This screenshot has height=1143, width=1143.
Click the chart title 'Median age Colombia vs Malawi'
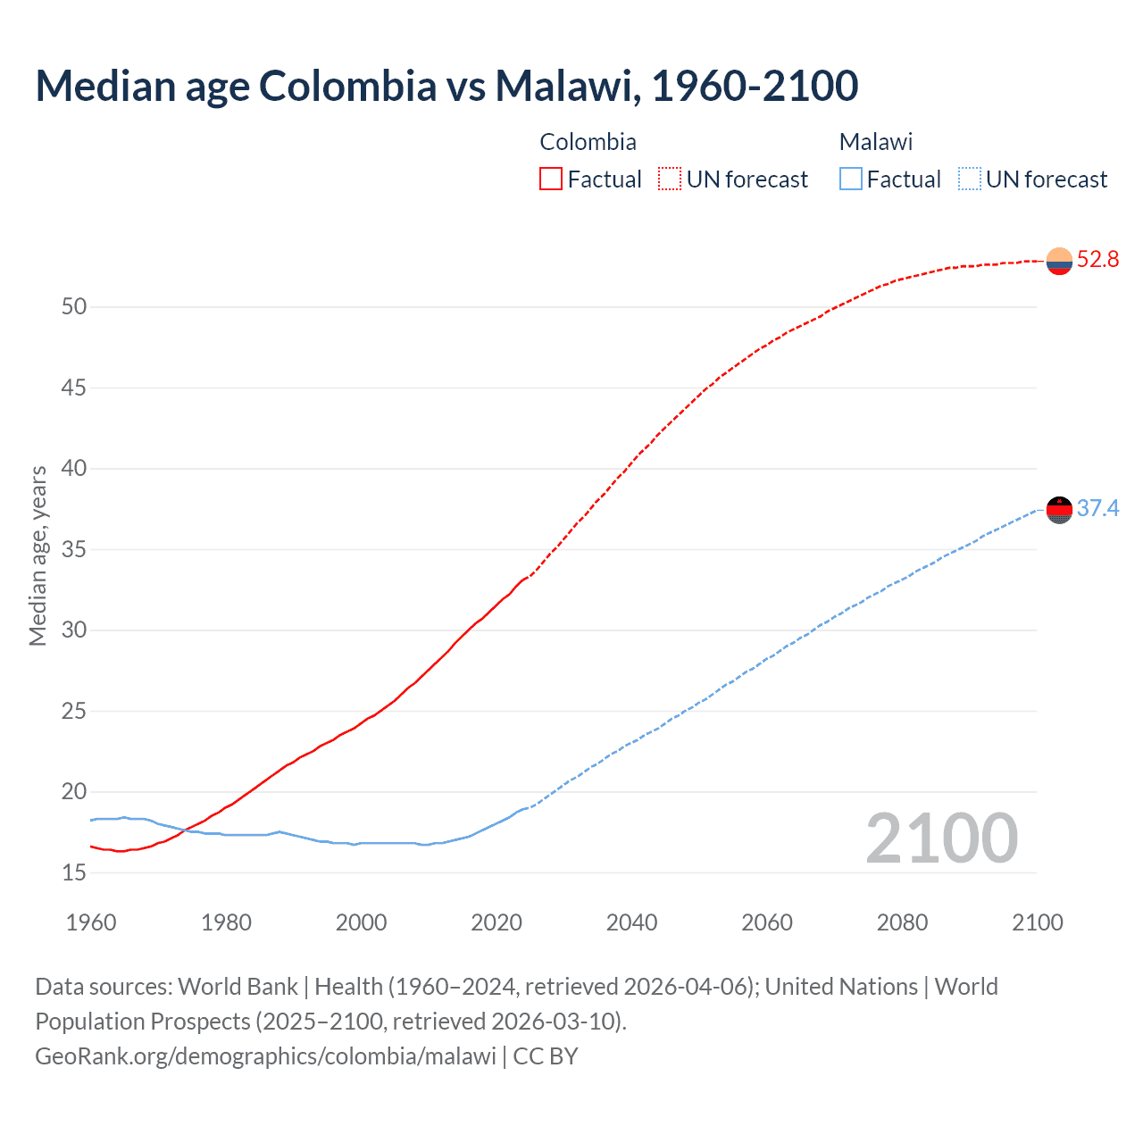click(x=446, y=86)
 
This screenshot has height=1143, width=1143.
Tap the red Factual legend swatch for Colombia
click(x=551, y=179)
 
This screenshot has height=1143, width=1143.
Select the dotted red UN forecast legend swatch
click(x=670, y=179)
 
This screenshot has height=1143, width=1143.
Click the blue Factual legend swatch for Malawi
click(x=851, y=179)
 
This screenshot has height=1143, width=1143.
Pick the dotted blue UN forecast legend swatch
click(x=969, y=179)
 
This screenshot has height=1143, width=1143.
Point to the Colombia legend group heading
click(x=588, y=142)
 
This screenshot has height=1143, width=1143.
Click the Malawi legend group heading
click(x=875, y=142)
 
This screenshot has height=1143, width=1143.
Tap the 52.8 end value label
click(x=1097, y=260)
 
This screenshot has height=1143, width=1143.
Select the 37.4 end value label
click(x=1097, y=509)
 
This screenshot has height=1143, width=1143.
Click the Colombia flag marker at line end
click(x=1059, y=262)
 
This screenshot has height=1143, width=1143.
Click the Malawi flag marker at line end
click(x=1059, y=510)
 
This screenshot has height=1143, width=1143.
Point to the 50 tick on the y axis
click(x=74, y=307)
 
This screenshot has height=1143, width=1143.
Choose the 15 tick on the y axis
click(x=74, y=873)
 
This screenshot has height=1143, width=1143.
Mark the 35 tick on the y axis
click(x=74, y=550)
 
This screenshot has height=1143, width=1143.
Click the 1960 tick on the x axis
click(x=91, y=922)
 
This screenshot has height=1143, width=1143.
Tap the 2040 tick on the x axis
click(x=631, y=922)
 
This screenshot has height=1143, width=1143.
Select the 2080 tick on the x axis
click(x=902, y=922)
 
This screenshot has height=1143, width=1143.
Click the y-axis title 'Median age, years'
click(x=38, y=555)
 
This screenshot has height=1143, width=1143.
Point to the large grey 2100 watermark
click(x=941, y=838)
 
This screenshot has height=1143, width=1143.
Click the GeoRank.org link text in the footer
click(x=265, y=1056)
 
